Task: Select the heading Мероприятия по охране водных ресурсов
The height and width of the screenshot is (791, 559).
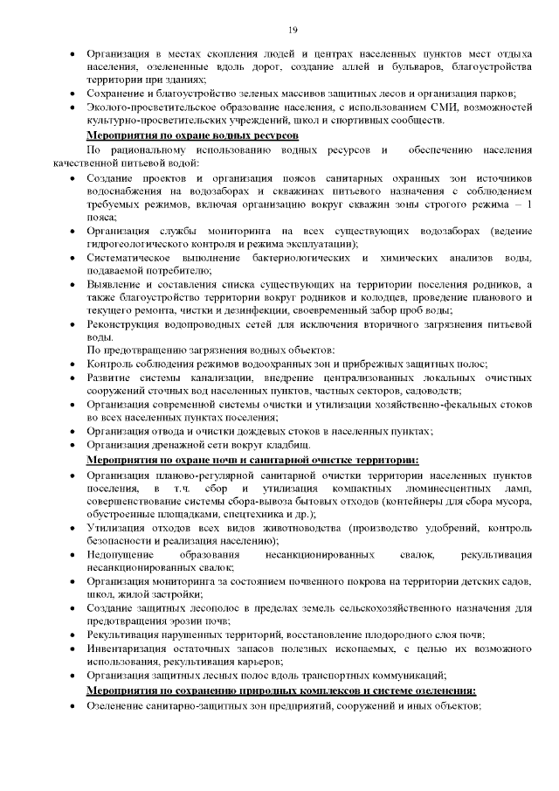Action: pos(192,136)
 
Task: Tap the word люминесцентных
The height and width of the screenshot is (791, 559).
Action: pos(444,487)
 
